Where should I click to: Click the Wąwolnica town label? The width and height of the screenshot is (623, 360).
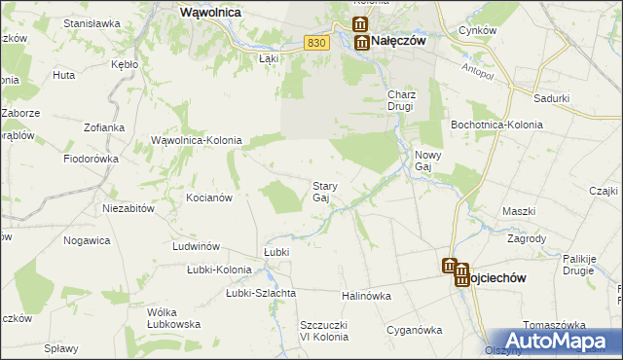click(211, 13)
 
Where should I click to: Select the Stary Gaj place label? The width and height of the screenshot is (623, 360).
click(324, 192)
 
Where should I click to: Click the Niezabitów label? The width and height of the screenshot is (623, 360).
click(129, 208)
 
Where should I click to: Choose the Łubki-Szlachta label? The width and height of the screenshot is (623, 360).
click(261, 293)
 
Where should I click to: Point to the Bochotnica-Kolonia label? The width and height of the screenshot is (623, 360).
click(489, 126)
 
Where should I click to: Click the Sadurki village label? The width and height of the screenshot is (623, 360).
click(552, 98)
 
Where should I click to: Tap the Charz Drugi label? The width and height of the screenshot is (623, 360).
click(402, 100)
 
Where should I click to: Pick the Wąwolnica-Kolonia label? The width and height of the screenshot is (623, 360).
click(196, 141)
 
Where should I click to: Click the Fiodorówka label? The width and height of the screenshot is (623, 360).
click(91, 159)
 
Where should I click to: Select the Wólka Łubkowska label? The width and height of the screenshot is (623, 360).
click(173, 318)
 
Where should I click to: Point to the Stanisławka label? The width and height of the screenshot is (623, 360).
click(92, 22)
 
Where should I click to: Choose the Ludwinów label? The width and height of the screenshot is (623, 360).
click(194, 246)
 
